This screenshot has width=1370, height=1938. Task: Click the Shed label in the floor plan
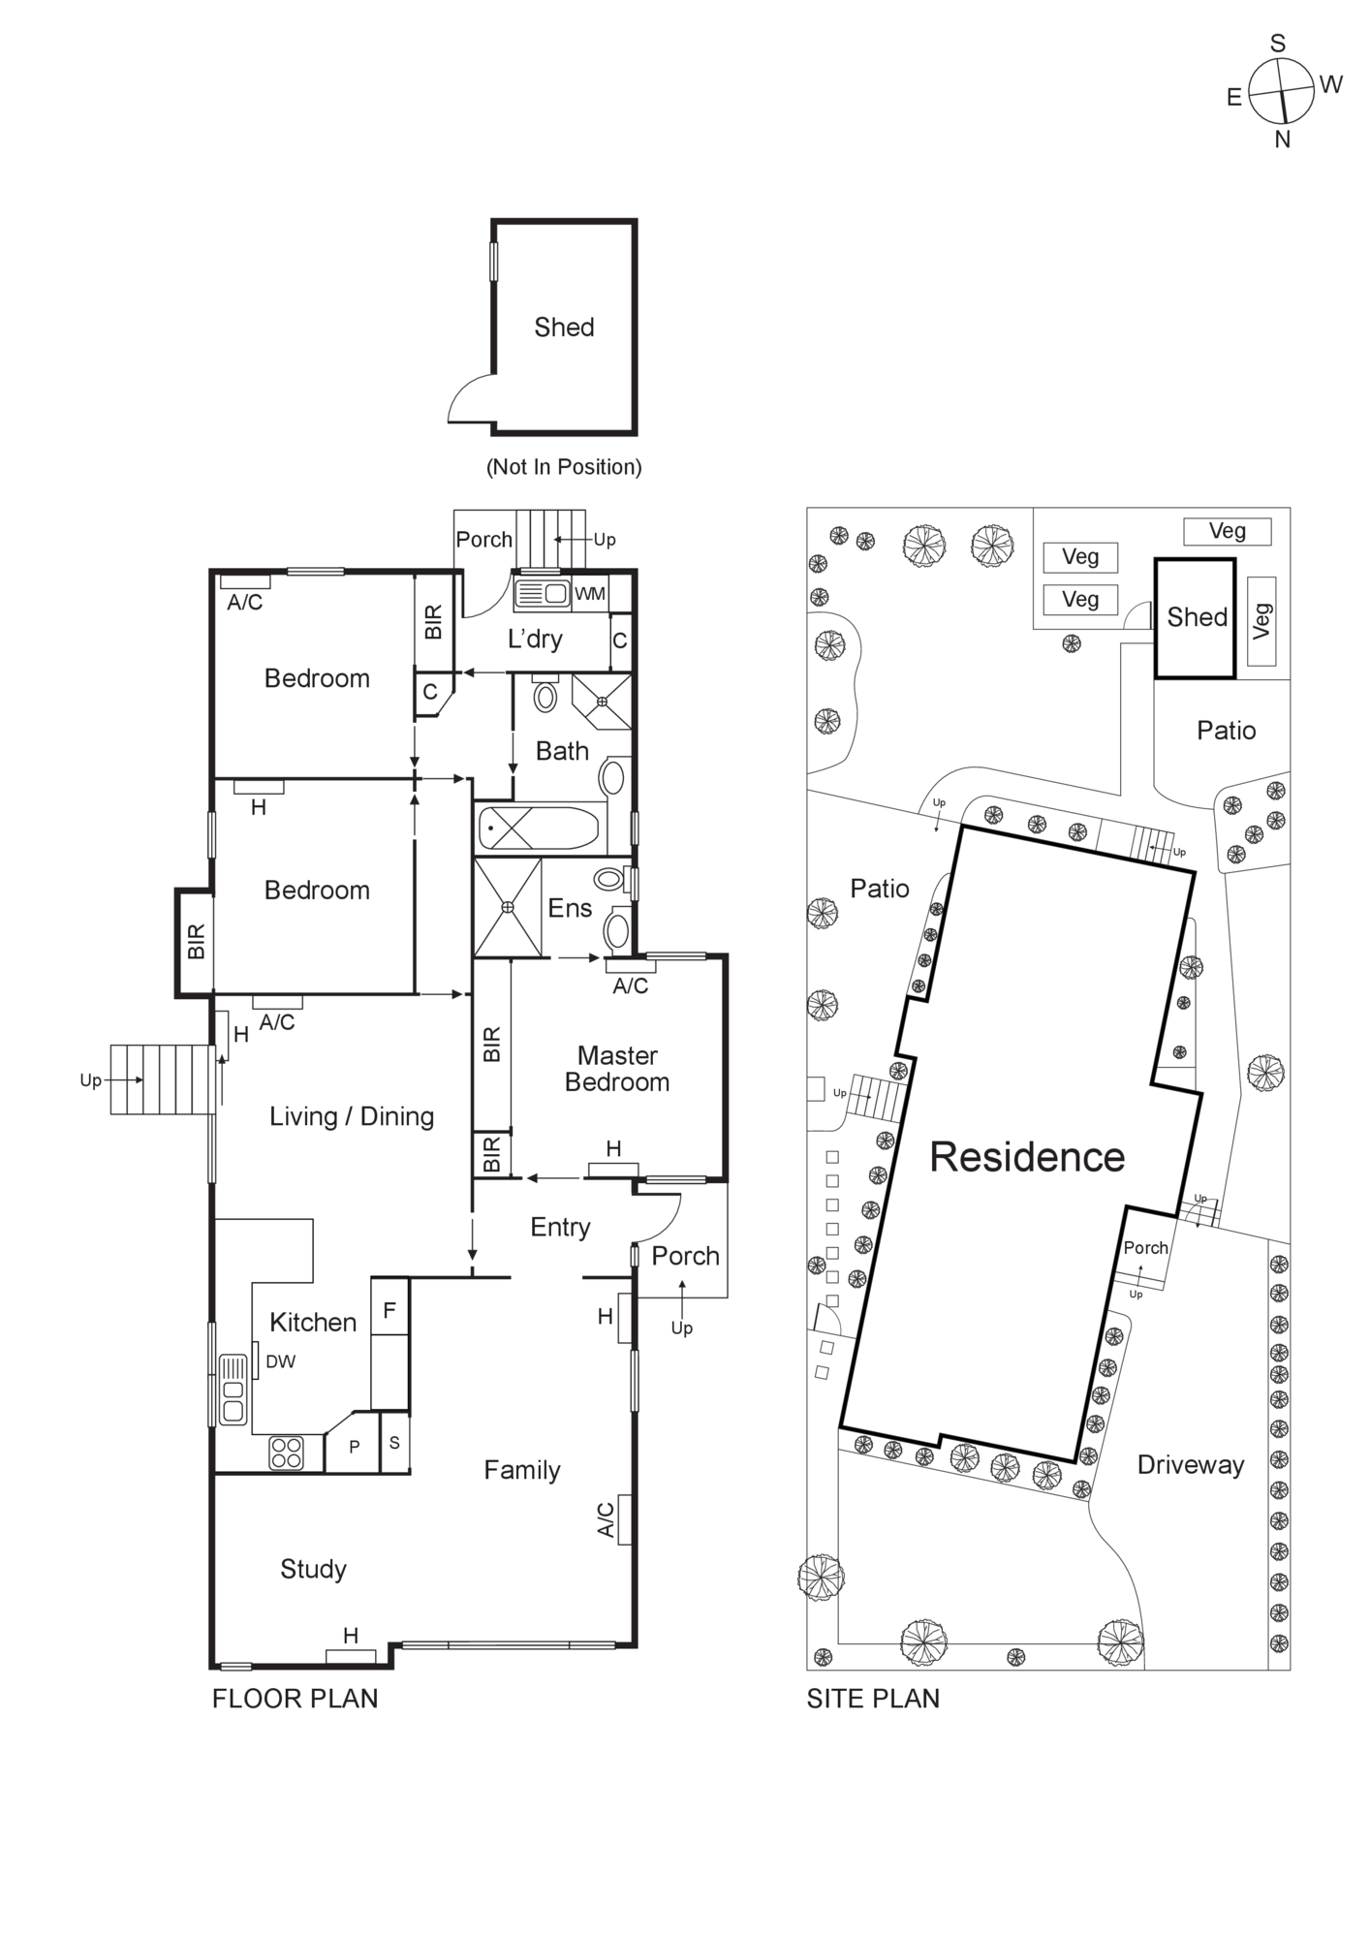[564, 328]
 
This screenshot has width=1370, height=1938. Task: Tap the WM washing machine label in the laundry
[589, 594]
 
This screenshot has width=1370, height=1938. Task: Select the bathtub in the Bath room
[538, 829]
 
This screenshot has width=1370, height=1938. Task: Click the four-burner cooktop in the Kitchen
[287, 1453]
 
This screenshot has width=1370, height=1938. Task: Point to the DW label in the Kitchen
[281, 1361]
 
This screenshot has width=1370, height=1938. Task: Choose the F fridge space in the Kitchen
[389, 1311]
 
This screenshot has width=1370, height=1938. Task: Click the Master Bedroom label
[617, 1069]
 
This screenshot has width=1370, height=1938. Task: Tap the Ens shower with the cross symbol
[507, 908]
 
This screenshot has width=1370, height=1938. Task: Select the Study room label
[313, 1570]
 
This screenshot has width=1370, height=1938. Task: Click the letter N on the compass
[1283, 140]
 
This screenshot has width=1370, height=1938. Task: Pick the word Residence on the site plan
[1027, 1157]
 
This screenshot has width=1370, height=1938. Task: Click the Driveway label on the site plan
[1190, 1465]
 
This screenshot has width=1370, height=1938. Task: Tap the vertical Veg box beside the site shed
[1261, 621]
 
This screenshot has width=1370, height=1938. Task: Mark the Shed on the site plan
[1196, 617]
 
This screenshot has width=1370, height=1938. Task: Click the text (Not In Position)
[564, 467]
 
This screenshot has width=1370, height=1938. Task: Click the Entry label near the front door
[560, 1228]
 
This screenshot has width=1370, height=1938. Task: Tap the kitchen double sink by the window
[234, 1390]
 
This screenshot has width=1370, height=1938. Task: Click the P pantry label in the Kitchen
[354, 1447]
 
